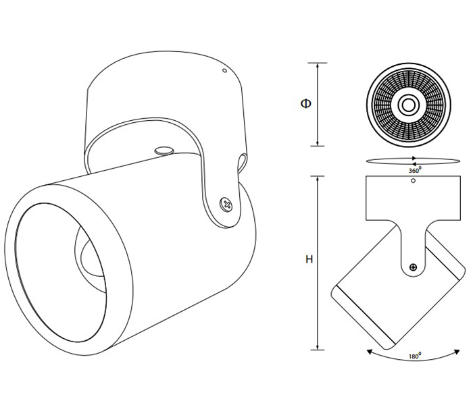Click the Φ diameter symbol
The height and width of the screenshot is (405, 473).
(306, 104)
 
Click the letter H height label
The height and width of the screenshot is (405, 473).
(309, 259)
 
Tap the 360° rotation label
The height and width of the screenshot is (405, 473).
(415, 170)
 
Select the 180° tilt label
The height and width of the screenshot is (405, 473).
(415, 356)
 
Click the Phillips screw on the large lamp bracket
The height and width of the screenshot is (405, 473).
(226, 205)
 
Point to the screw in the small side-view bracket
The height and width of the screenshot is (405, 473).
(413, 267)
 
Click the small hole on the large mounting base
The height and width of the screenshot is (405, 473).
(224, 70)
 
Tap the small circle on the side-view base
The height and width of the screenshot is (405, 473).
(414, 180)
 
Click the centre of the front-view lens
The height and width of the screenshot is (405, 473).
(409, 105)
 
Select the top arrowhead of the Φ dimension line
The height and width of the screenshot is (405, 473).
(318, 65)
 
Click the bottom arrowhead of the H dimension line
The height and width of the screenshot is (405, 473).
(318, 347)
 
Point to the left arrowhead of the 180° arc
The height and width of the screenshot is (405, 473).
(369, 352)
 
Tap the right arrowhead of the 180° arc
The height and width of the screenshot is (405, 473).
(457, 352)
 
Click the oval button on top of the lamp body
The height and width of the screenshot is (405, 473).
(164, 151)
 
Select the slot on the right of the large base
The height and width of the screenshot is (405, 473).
(242, 163)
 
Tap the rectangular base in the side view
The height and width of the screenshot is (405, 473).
(413, 198)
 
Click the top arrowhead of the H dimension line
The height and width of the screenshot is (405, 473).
(318, 179)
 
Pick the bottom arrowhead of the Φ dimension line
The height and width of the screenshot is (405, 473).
(318, 143)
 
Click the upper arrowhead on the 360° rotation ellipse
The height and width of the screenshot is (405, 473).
(414, 158)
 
